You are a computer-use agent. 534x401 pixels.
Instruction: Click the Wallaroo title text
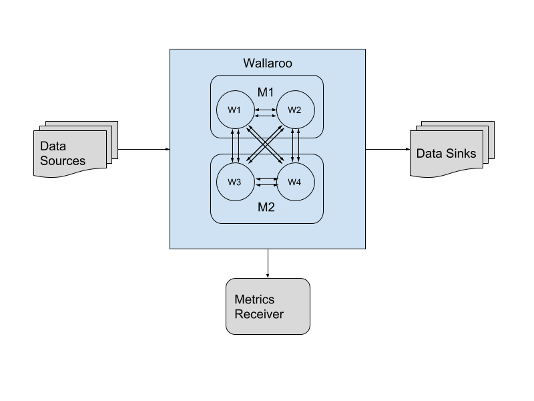click(267, 64)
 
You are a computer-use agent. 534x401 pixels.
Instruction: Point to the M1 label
click(266, 91)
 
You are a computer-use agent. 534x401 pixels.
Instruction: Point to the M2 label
click(266, 207)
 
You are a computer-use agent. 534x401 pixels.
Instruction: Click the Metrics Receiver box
click(268, 306)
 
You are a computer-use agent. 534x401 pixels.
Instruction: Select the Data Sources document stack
click(72, 151)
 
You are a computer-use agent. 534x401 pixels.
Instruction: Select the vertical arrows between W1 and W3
click(235, 145)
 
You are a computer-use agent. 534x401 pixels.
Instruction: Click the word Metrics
click(254, 300)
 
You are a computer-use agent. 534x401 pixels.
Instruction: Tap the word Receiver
click(259, 314)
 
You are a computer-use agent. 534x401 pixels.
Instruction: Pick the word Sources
click(63, 160)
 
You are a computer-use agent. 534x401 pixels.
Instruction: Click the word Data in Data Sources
click(53, 146)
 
